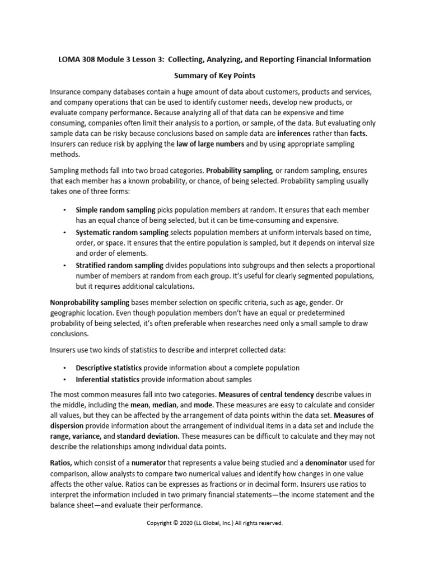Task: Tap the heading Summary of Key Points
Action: tap(214, 76)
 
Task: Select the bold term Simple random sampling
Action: tap(115, 209)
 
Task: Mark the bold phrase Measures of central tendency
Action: tap(266, 393)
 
